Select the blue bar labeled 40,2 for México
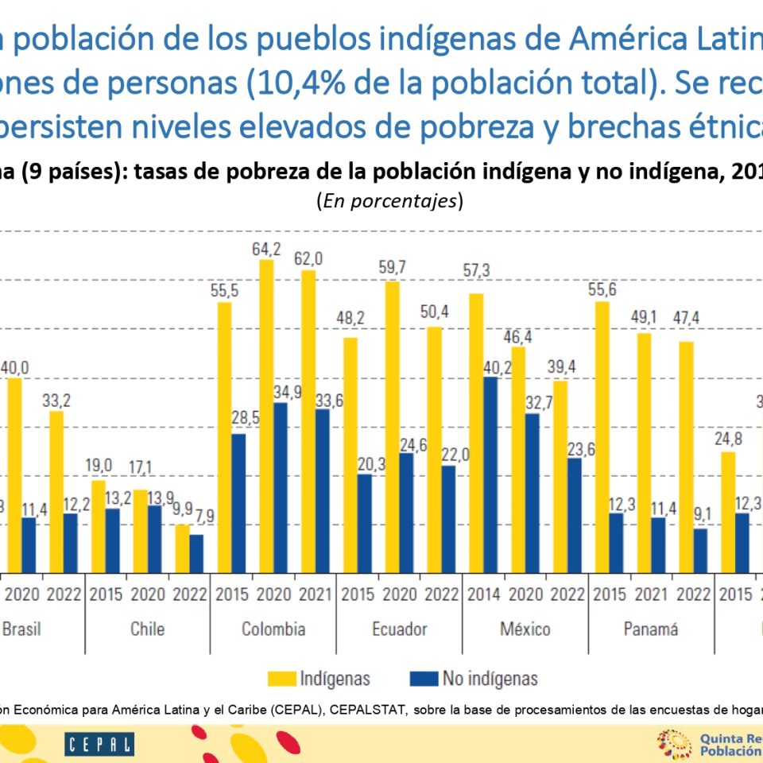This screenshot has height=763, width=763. click(x=490, y=474)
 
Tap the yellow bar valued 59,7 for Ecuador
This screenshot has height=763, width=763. click(x=392, y=427)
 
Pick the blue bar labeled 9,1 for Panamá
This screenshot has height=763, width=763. click(x=699, y=551)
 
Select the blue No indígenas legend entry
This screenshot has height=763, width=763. click(x=474, y=679)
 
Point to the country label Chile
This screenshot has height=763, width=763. click(x=148, y=629)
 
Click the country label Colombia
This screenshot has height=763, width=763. click(x=273, y=629)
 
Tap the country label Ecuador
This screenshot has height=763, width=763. click(x=399, y=629)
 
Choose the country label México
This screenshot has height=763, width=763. click(x=525, y=629)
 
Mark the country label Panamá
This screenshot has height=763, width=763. click(x=651, y=629)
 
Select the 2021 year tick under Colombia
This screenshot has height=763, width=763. click(x=315, y=594)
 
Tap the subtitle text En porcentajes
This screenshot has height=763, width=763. click(x=389, y=201)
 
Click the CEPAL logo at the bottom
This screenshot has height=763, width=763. click(x=100, y=744)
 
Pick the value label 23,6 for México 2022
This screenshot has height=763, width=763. click(x=586, y=445)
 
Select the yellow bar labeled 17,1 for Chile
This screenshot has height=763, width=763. click(x=140, y=531)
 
